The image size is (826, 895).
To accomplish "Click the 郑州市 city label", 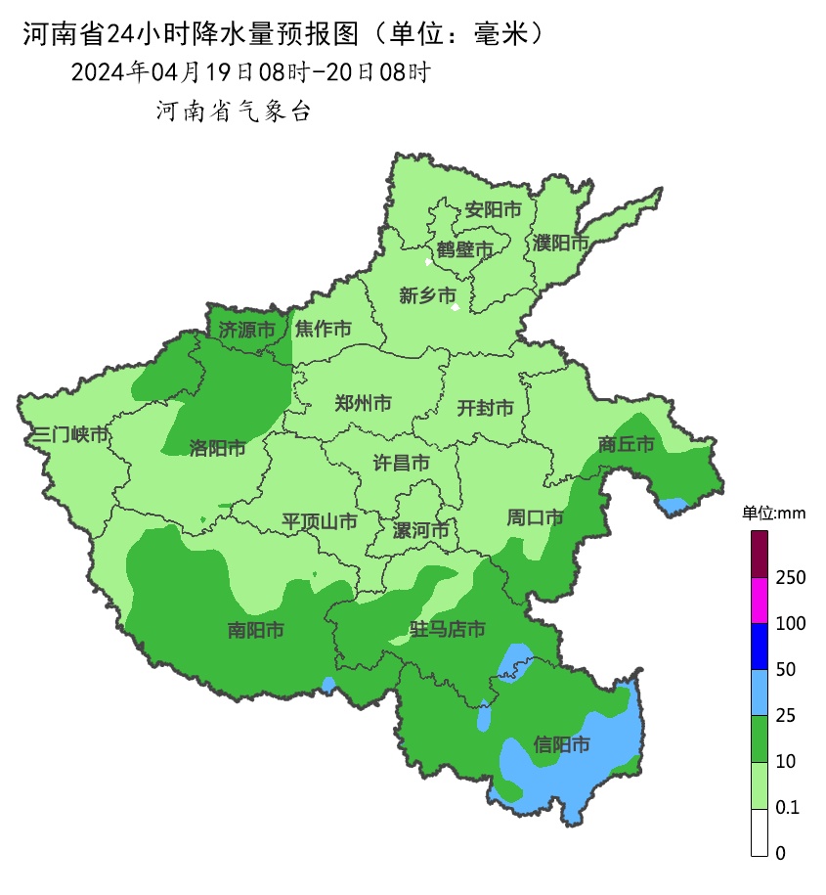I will [364, 403].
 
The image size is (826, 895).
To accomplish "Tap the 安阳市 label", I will [493, 209].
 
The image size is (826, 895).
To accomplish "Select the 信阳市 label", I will [562, 744].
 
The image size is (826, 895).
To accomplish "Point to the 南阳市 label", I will [255, 631].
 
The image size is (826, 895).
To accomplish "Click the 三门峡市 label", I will [70, 434].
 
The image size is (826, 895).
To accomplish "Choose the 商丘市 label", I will [626, 444].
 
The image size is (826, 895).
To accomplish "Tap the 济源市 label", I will [246, 330].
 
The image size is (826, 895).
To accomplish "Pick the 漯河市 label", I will [420, 531].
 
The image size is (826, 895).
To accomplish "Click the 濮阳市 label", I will [561, 242].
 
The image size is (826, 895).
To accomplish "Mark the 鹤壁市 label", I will [465, 249].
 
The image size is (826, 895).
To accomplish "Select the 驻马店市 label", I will [448, 630].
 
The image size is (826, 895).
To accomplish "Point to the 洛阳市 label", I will [217, 448].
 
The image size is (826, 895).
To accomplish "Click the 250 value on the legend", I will [790, 577].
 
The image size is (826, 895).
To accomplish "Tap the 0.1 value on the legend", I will [787, 807].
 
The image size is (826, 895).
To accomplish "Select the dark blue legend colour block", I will [760, 647].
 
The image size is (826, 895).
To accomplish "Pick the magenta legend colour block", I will [760, 601].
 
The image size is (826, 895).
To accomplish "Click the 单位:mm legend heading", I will [772, 513].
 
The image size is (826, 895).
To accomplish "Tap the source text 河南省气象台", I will [233, 112].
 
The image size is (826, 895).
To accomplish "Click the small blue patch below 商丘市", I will [673, 506].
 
